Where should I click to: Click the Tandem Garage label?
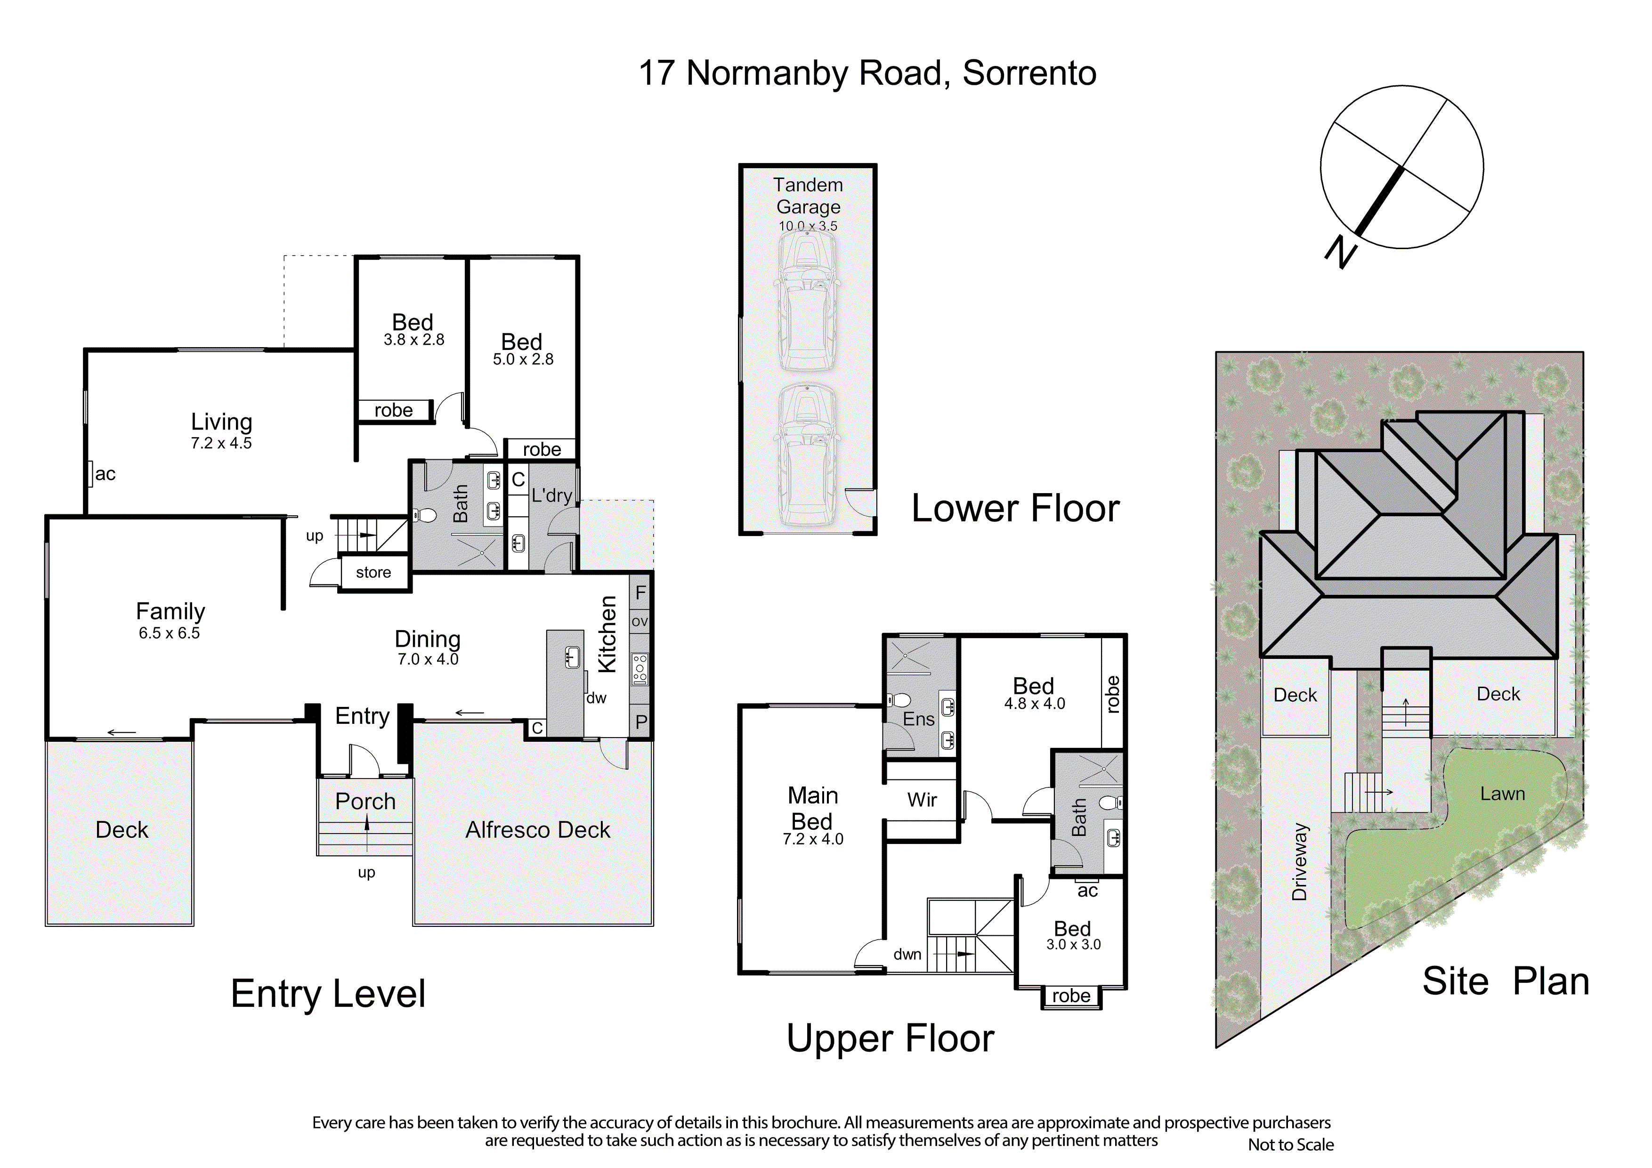pos(808,196)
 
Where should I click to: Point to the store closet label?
pos(373,572)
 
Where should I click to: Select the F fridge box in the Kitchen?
pos(640,593)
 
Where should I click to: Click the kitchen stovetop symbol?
pos(640,669)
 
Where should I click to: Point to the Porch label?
pos(365,801)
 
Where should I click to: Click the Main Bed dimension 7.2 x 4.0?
pos(813,839)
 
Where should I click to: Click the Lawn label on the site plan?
pos(1502,794)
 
